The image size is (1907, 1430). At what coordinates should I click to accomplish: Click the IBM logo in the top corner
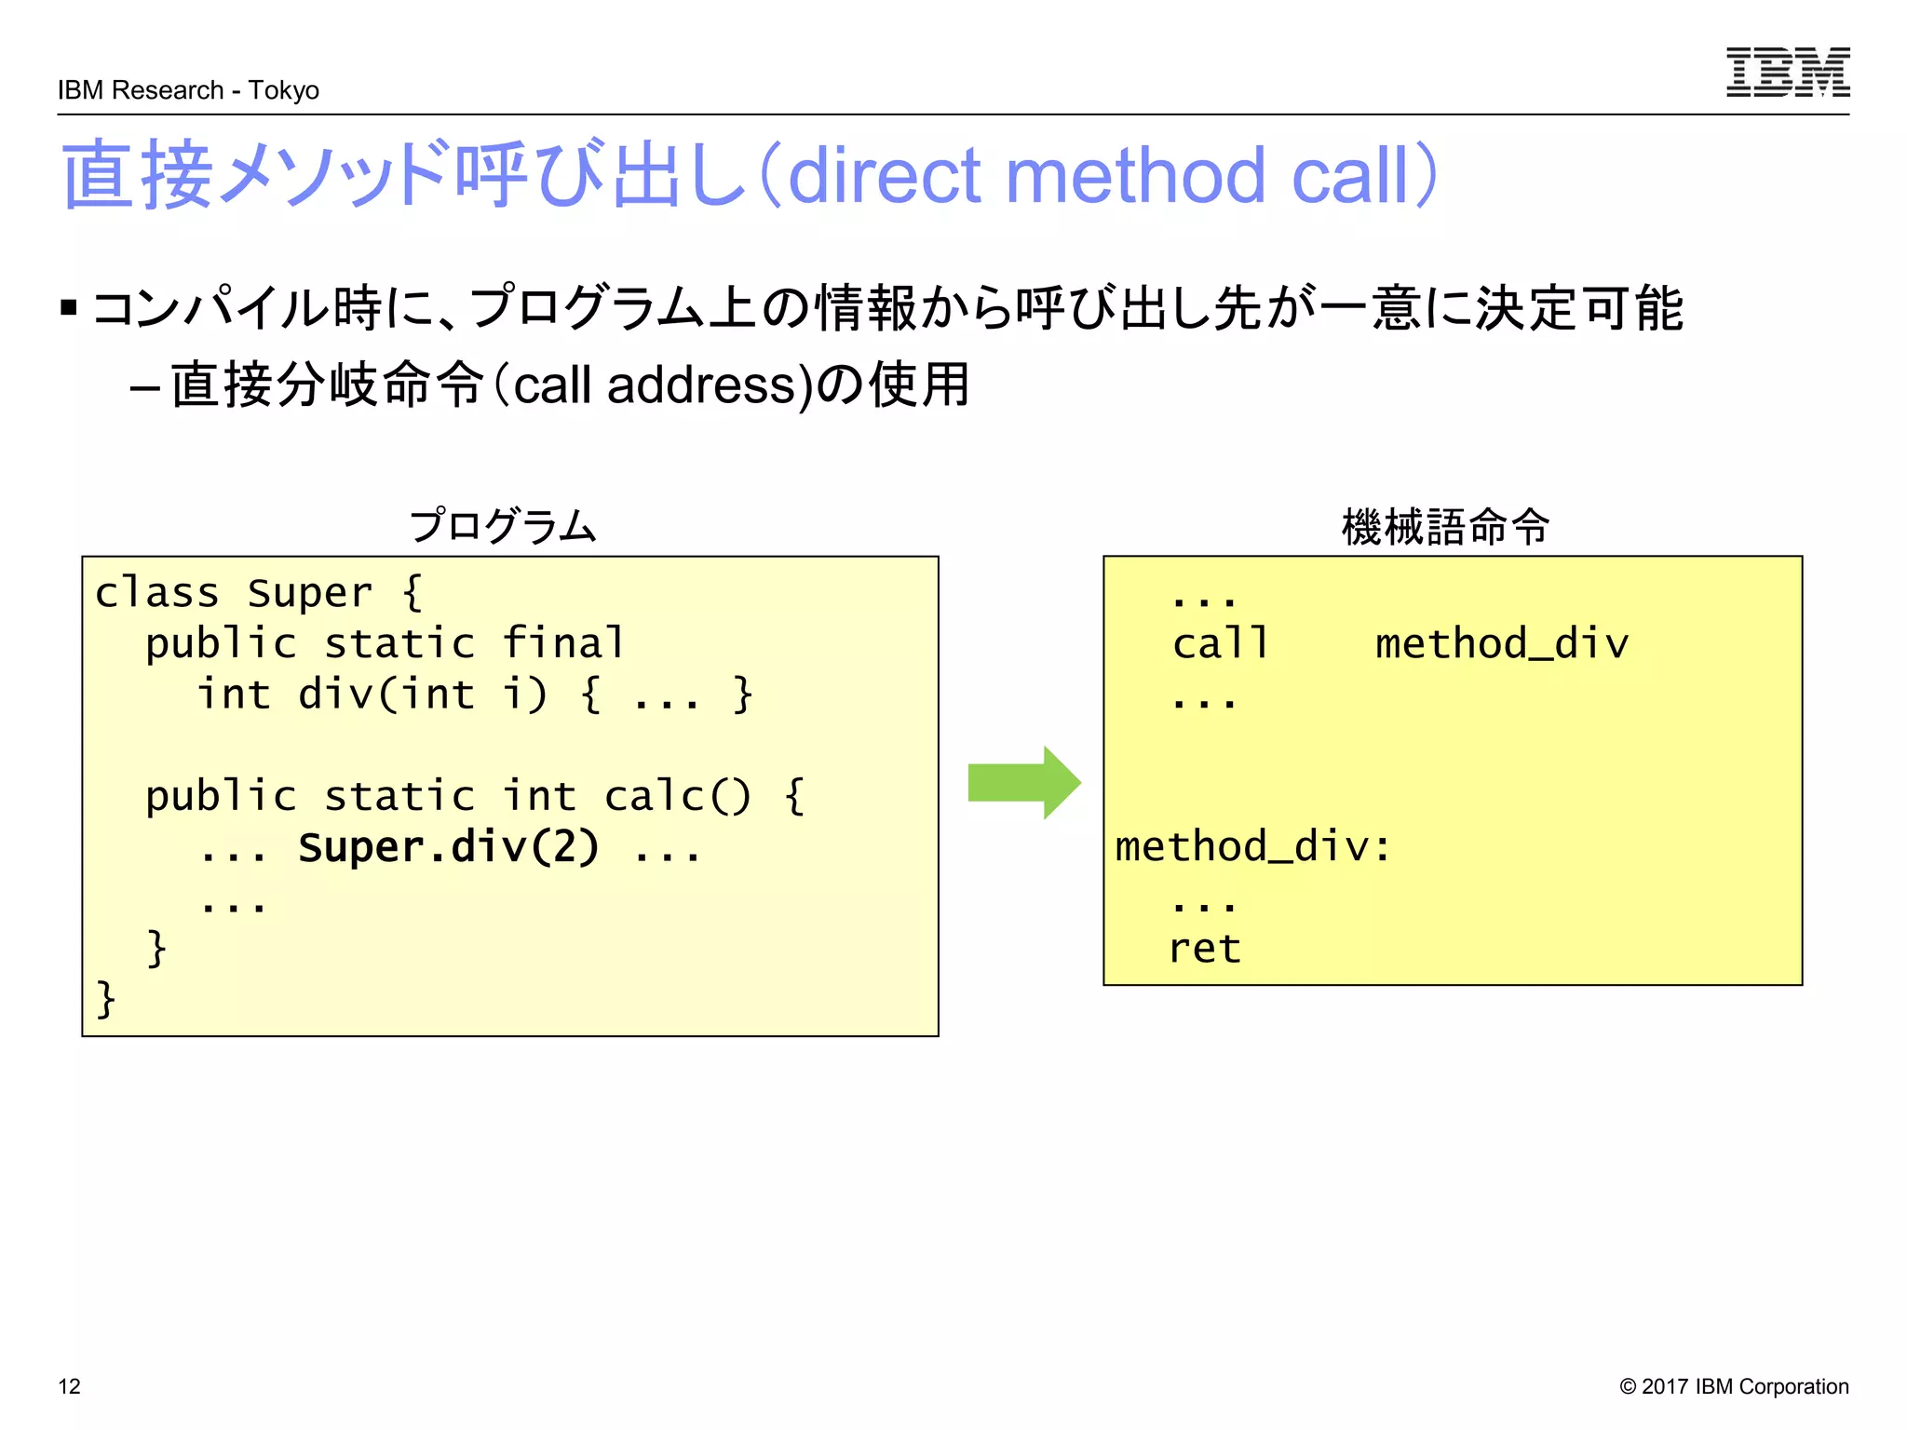tap(1787, 73)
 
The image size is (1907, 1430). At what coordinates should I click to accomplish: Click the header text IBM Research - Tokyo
tap(188, 90)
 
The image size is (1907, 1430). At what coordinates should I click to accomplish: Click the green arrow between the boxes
tap(1023, 782)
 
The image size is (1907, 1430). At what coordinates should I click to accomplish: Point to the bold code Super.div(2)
tap(448, 847)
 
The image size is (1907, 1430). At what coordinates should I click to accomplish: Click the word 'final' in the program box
tap(563, 643)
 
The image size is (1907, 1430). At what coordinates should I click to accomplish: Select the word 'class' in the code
tap(156, 593)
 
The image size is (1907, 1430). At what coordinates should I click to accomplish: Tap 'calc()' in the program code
tap(677, 796)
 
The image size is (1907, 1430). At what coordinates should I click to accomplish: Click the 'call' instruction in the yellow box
tap(1220, 643)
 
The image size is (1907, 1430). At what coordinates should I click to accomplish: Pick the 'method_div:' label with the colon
tap(1252, 847)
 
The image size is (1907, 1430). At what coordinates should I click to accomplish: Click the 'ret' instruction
tap(1204, 949)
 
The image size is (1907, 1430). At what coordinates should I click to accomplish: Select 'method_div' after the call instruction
tap(1501, 643)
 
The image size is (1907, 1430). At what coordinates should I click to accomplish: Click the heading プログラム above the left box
tap(503, 526)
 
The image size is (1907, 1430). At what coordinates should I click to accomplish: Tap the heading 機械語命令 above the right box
tap(1445, 526)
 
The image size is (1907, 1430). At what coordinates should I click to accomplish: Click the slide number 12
tap(70, 1386)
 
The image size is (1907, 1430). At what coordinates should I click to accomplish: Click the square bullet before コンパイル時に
tap(68, 307)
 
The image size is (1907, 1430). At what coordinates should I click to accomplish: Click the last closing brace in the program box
tap(106, 999)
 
